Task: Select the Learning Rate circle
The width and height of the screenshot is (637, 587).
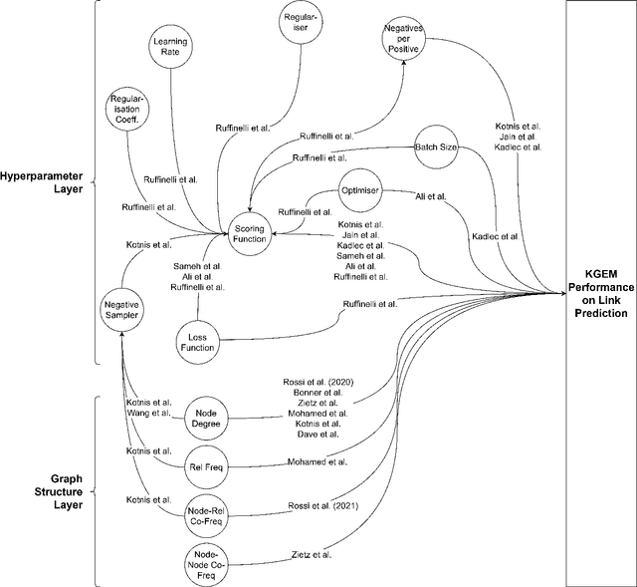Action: click(x=171, y=48)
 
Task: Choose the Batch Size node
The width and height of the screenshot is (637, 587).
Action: click(x=435, y=147)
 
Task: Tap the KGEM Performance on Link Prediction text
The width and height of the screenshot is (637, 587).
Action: click(x=600, y=292)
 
